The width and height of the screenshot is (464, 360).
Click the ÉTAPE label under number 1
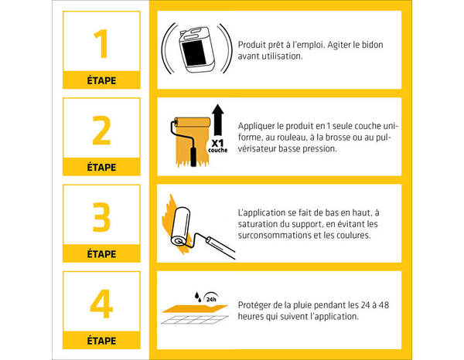(101, 80)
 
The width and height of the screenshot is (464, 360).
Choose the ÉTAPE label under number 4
(101, 340)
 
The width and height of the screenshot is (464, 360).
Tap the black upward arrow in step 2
(217, 119)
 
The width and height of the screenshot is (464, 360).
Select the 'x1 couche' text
(217, 145)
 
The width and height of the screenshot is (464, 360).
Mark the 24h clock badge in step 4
(210, 294)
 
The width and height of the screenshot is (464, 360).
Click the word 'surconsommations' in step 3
(276, 235)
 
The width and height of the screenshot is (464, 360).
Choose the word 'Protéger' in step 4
(256, 305)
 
